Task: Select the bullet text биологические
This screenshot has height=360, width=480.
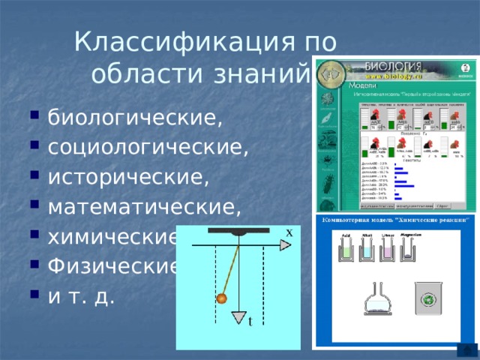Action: [135, 118]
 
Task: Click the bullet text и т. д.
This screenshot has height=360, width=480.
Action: [81, 296]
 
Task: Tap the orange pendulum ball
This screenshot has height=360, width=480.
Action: [221, 299]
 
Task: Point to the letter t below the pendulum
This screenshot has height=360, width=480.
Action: [250, 322]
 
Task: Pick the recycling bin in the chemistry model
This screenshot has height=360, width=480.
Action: [427, 301]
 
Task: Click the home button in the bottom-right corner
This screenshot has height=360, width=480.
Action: [468, 350]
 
